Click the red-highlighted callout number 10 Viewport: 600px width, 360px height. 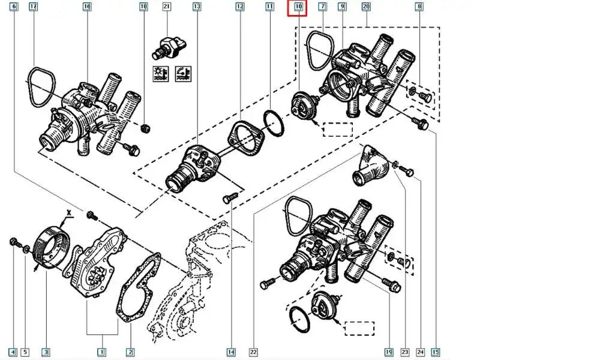coord(298,8)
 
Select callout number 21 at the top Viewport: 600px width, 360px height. coord(167,7)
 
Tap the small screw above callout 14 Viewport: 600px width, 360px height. coord(228,198)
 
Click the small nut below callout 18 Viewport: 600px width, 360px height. coord(145,127)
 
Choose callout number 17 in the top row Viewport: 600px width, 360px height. coord(33,7)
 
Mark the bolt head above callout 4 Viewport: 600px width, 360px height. coord(13,242)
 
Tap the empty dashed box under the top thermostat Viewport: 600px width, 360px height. coord(338,130)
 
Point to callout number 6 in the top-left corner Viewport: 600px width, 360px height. coord(14,7)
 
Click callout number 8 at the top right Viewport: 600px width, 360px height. coord(419,7)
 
